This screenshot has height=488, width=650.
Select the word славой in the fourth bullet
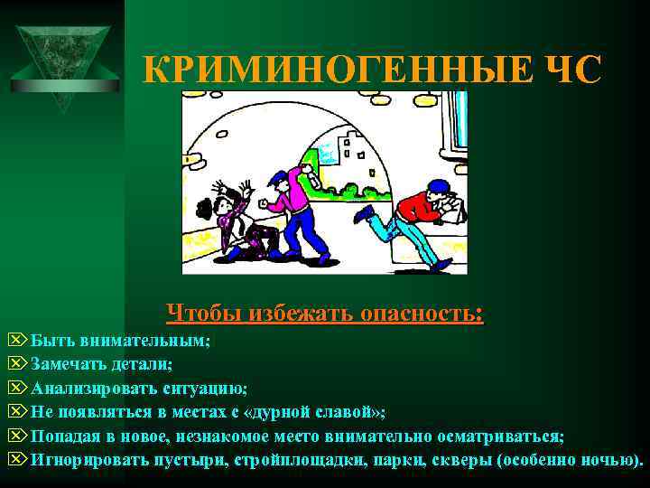(x=340, y=412)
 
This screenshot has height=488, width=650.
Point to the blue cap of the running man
(x=438, y=186)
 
